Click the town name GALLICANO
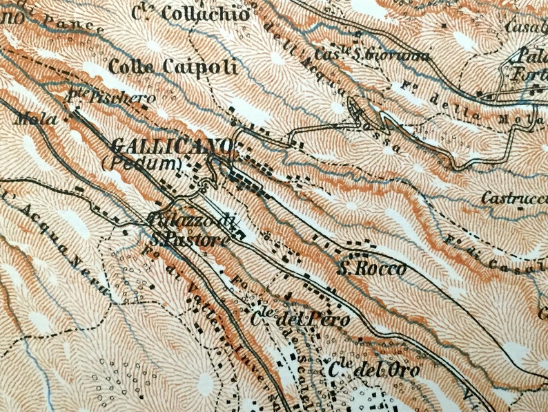[x=172, y=147]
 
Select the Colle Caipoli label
[x=173, y=67]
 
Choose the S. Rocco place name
[x=371, y=269]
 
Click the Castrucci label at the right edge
[x=513, y=198]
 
